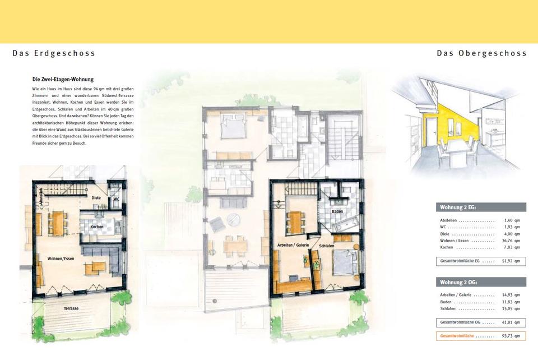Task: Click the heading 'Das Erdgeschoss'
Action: [54, 53]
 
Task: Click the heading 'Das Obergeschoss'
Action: [481, 53]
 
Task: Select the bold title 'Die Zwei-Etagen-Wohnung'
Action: [63, 79]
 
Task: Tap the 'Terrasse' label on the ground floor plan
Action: [71, 308]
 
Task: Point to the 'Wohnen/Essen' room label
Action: [61, 259]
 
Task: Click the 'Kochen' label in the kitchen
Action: [97, 227]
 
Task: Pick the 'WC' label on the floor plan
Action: [116, 199]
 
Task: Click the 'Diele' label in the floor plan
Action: [96, 198]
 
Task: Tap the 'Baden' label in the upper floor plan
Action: [337, 212]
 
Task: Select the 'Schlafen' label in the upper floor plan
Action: [326, 246]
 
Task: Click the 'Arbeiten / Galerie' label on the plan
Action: [293, 245]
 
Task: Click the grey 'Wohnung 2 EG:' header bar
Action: [481, 207]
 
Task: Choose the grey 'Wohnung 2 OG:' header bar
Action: [481, 282]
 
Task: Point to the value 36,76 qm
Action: [512, 241]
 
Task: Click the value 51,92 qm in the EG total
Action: [512, 261]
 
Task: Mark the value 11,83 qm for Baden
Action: [512, 302]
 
